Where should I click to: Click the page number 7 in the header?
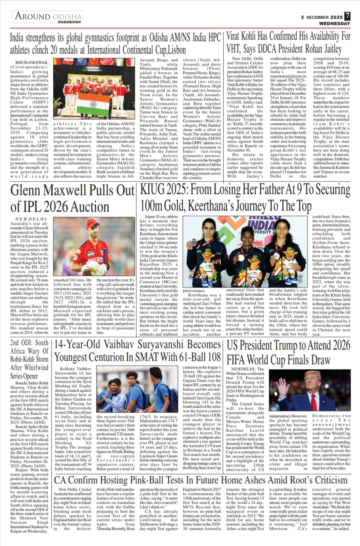[x=347, y=16]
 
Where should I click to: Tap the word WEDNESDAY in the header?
[x=335, y=23]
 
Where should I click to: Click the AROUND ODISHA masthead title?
[x=48, y=16]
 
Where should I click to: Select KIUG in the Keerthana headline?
[x=153, y=190]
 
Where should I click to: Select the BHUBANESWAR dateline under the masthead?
[x=69, y=22]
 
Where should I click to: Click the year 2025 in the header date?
[x=336, y=17]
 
